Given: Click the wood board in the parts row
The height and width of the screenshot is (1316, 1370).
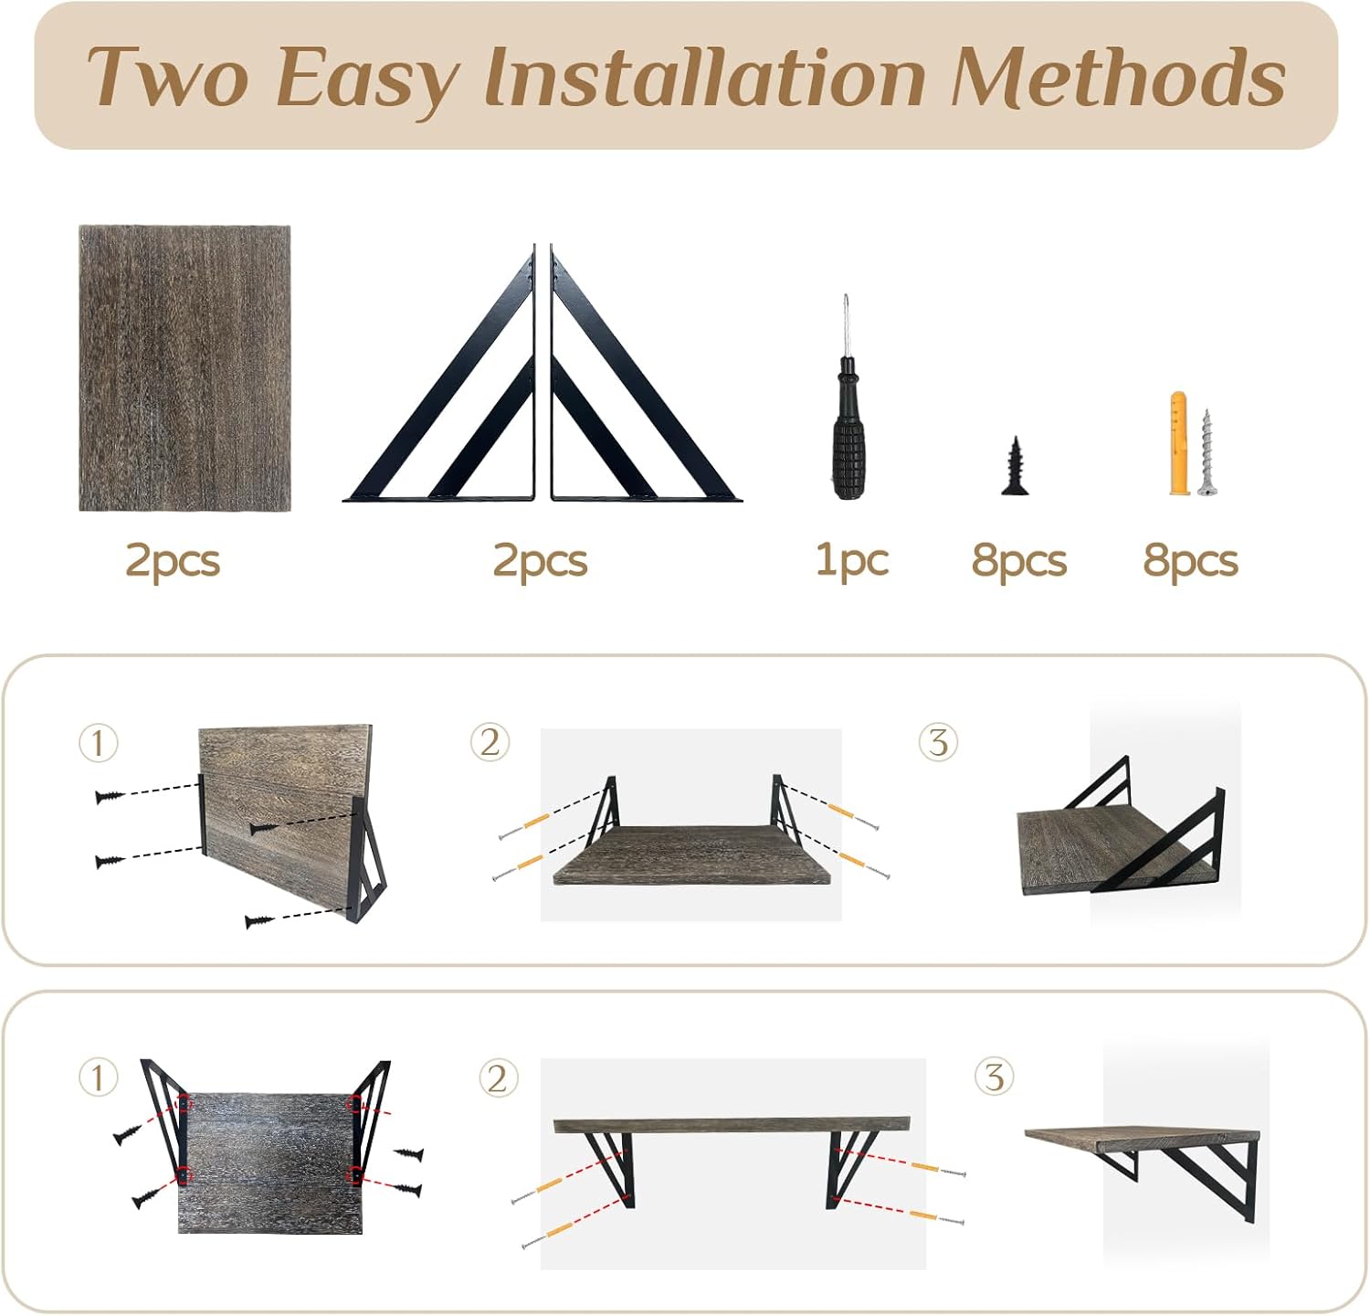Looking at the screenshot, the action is coord(184,367).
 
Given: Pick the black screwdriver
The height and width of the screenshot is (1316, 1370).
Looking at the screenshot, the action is coord(847,398).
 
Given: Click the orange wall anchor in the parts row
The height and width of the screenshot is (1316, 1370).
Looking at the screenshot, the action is coord(1179,444).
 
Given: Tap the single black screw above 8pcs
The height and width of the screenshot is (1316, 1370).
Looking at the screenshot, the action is coord(1015,466).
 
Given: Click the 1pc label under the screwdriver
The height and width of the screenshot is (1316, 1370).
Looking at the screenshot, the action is coord(851,559).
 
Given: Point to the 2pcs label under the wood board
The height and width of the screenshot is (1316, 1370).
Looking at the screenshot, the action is coord(173,560).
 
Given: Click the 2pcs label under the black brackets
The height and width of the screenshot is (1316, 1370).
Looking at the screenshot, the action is coord(541,560).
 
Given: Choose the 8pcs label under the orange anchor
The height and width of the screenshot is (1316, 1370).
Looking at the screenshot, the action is coord(1190,560).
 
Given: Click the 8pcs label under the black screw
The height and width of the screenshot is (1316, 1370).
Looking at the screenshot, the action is coord(1019,560).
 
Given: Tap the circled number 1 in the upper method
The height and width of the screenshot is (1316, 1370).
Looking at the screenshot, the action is coord(99,743).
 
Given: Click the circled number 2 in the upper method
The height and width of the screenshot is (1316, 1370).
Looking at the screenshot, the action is coord(490,742).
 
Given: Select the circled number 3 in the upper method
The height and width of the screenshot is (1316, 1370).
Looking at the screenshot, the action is coord(938,742).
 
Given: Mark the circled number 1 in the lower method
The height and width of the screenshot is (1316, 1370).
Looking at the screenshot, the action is coord(99,1077).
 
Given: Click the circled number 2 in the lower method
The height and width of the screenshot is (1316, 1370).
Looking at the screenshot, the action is coord(499,1079).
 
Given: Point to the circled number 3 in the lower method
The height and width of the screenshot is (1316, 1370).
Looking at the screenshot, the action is coord(995,1077).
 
